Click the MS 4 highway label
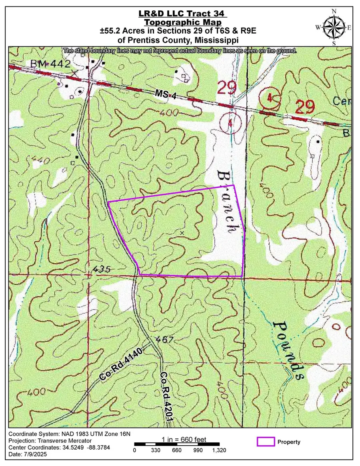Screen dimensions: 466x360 [x=164, y=94]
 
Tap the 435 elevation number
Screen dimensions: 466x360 [x=101, y=269]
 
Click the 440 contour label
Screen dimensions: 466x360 [x=38, y=160]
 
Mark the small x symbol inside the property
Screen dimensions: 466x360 [x=182, y=232]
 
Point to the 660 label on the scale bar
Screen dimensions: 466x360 [x=176, y=450]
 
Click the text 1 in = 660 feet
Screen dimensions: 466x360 [x=184, y=440]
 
